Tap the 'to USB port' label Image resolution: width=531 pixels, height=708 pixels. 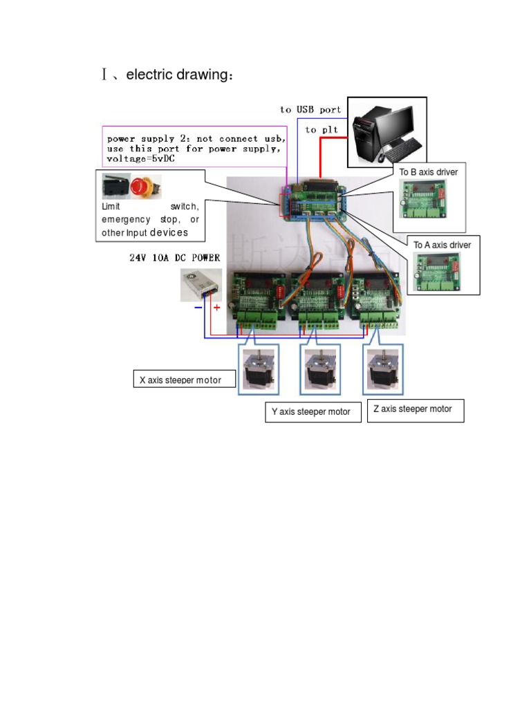point(310,109)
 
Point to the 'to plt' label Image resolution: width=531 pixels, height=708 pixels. point(322,129)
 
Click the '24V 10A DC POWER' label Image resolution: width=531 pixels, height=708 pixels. point(174,258)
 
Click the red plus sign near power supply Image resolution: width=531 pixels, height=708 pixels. point(216,308)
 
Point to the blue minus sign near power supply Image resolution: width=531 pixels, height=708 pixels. point(198,308)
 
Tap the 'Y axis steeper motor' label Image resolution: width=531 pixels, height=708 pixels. point(310,411)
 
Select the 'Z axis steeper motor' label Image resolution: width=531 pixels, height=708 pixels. point(413,409)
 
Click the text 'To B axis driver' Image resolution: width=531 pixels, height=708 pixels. point(429,171)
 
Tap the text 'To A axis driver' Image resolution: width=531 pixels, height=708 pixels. point(442,245)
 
